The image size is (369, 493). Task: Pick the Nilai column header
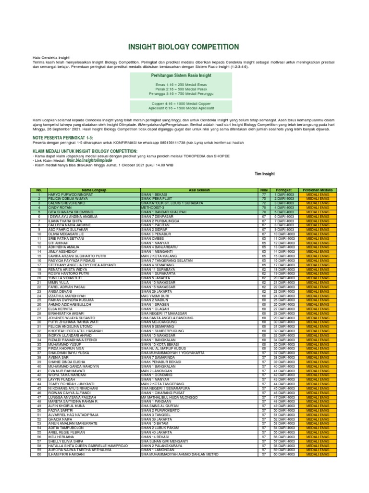click(264, 190)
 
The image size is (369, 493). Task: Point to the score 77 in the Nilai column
click(264, 195)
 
